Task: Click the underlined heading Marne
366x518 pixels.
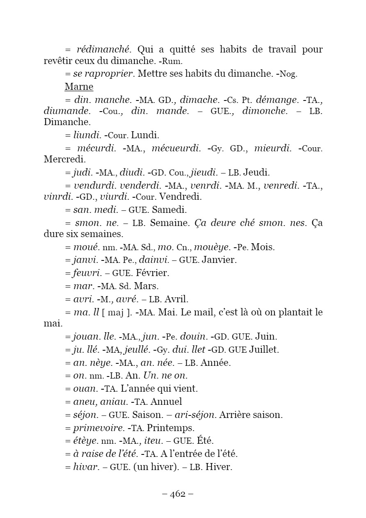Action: (x=79, y=87)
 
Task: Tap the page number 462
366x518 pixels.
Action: (x=178, y=494)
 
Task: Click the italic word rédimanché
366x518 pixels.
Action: (x=104, y=50)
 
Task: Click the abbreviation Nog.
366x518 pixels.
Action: (x=288, y=74)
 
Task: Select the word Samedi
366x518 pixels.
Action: (x=169, y=210)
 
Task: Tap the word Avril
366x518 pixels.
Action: (x=176, y=299)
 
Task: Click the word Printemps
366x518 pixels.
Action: (x=171, y=428)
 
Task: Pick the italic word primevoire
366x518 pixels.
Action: (x=99, y=428)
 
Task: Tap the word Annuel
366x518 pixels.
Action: (x=166, y=402)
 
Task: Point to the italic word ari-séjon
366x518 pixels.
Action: (x=195, y=415)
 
